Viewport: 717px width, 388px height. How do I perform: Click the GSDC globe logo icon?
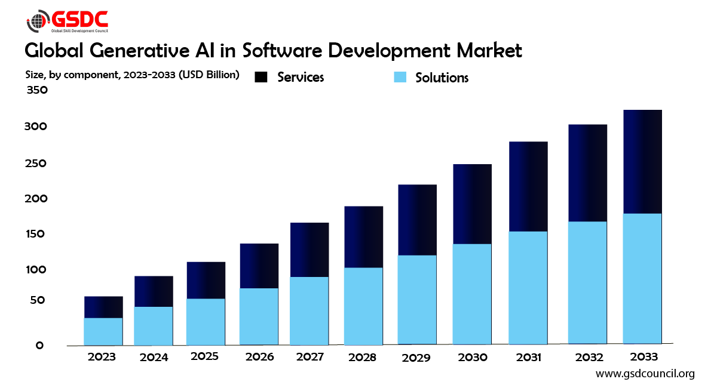point(38,21)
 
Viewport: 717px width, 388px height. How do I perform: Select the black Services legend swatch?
point(261,77)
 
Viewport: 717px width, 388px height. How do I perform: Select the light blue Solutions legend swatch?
point(400,77)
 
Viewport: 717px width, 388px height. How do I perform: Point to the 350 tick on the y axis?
point(36,90)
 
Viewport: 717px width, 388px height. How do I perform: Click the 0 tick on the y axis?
point(39,345)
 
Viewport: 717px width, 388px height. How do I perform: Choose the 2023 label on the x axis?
point(102,357)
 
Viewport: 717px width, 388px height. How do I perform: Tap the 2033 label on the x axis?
point(644,357)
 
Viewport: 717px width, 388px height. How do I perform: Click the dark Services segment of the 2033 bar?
point(642,161)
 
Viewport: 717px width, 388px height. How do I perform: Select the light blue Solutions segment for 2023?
point(103,331)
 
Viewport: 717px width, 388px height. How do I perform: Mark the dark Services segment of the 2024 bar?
point(154,291)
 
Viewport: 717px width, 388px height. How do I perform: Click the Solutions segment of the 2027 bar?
point(310,310)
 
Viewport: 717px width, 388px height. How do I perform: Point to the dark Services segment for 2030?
point(472,204)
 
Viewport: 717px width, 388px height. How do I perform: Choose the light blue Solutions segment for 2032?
point(587,282)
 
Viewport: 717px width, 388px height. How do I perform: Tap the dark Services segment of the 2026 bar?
point(259,266)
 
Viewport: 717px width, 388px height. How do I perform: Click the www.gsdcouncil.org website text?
point(645,374)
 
